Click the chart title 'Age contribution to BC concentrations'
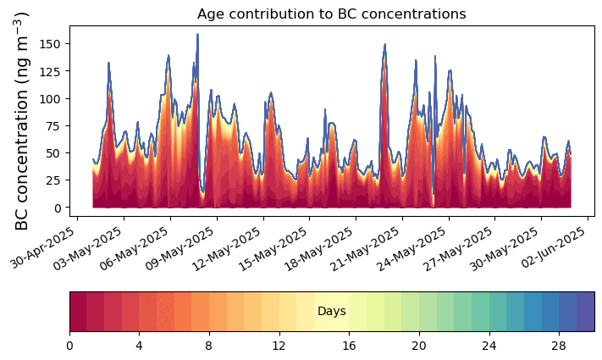331,14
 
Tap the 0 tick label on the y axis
58,208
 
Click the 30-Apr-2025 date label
43,248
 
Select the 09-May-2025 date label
180,248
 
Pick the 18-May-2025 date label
319,248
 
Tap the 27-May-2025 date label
458,248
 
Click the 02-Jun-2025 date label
554,248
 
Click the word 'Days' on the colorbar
332,311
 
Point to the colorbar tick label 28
559,346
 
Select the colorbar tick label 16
349,346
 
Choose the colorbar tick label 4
139,346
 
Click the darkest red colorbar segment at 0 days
79,311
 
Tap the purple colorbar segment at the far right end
586,311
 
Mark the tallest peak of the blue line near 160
198,34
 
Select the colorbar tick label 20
419,346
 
